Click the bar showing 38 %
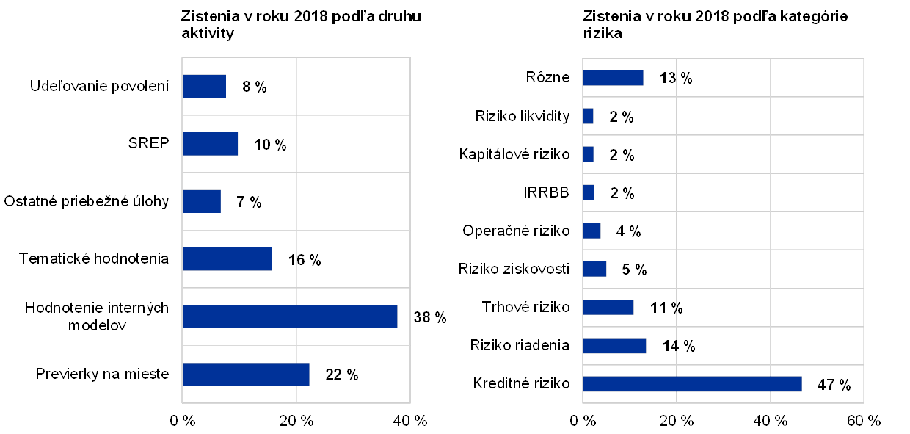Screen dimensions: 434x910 290,317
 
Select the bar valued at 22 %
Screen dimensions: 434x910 246,374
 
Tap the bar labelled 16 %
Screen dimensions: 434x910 227,259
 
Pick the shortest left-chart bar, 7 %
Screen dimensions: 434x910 202,201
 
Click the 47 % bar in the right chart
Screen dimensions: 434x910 692,384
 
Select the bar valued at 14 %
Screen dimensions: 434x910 614,345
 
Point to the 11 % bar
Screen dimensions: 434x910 608,307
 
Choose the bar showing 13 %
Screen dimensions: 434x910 613,77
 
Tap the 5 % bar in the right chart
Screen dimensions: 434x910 594,269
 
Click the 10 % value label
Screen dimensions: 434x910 269,144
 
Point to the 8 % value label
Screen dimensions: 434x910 254,87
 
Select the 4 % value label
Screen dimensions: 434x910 628,231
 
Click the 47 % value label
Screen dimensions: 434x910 832,384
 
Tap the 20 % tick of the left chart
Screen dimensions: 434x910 296,420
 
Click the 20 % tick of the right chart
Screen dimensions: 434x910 676,420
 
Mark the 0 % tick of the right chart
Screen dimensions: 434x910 582,420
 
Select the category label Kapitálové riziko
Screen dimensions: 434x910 515,154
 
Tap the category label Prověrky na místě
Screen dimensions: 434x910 106,374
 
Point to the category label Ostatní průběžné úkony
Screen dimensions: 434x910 87,201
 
